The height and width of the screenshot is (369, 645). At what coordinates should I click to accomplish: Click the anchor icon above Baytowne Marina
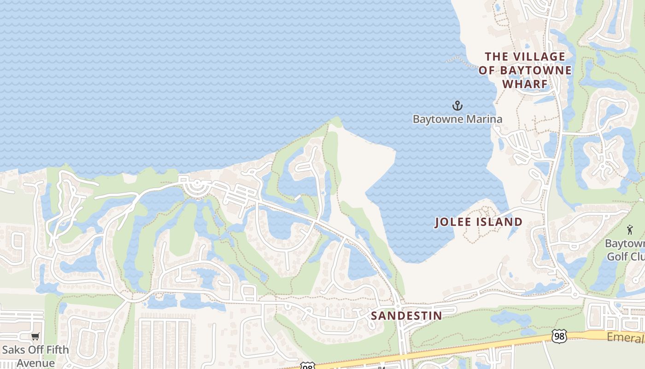click(x=457, y=106)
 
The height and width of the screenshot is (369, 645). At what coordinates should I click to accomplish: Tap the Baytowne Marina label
click(x=457, y=119)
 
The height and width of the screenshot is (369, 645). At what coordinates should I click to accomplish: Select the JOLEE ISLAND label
click(x=479, y=222)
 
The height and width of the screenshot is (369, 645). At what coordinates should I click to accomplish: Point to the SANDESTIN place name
click(x=406, y=315)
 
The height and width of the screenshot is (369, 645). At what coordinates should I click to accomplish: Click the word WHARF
click(x=525, y=84)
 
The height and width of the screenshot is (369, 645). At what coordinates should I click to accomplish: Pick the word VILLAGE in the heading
click(x=539, y=57)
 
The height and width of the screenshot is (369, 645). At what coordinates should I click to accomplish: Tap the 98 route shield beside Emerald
click(x=559, y=336)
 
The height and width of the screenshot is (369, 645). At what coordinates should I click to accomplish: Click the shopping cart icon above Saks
click(x=35, y=336)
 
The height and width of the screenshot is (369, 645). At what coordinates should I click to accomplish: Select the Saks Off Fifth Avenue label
click(x=35, y=356)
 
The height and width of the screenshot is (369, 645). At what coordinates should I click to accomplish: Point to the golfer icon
click(x=630, y=229)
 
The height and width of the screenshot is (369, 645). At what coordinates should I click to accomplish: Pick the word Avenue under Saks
click(x=35, y=363)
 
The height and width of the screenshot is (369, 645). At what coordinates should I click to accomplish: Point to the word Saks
click(x=13, y=350)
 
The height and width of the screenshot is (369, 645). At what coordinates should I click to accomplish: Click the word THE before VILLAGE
click(x=496, y=57)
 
